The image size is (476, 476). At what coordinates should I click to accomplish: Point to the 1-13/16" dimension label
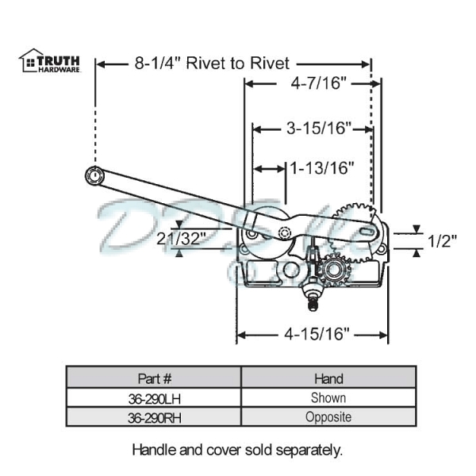click(x=321, y=167)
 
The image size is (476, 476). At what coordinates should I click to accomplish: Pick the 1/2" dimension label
click(x=441, y=240)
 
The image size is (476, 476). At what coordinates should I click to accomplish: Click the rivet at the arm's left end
click(x=94, y=176)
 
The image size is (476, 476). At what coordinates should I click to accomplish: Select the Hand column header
click(x=328, y=378)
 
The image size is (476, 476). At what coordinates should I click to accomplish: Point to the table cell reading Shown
click(x=328, y=397)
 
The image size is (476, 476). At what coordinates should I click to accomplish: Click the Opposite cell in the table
click(x=328, y=416)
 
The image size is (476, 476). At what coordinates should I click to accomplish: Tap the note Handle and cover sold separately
click(x=237, y=449)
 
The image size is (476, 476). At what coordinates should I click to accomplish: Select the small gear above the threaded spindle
click(x=332, y=270)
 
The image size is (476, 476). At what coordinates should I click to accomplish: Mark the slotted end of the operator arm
click(x=363, y=230)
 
